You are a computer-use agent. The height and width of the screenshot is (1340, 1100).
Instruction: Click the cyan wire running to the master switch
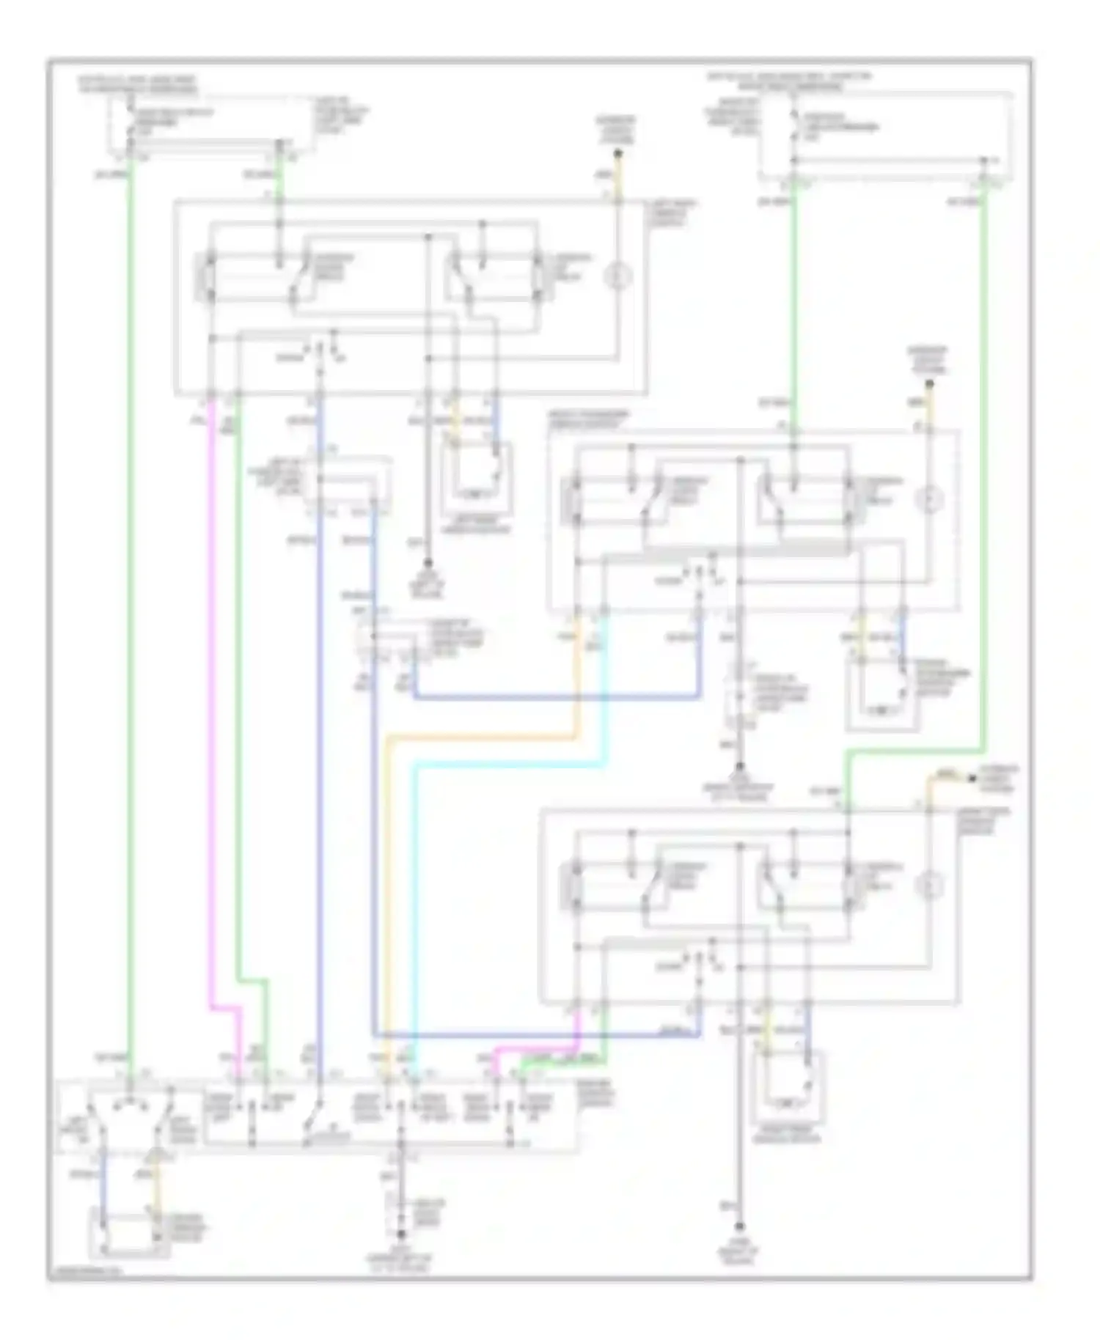pyautogui.click(x=415, y=916)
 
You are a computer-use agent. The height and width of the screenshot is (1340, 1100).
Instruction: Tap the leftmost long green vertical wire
pyautogui.click(x=130, y=586)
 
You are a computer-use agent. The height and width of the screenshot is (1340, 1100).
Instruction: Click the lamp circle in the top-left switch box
pyautogui.click(x=617, y=277)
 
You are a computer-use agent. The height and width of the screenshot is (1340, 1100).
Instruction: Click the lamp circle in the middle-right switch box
pyautogui.click(x=929, y=501)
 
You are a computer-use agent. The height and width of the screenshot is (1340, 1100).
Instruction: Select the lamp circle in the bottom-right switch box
pyautogui.click(x=929, y=888)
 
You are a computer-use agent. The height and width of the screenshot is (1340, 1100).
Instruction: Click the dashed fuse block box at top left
pyautogui.click(x=213, y=125)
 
